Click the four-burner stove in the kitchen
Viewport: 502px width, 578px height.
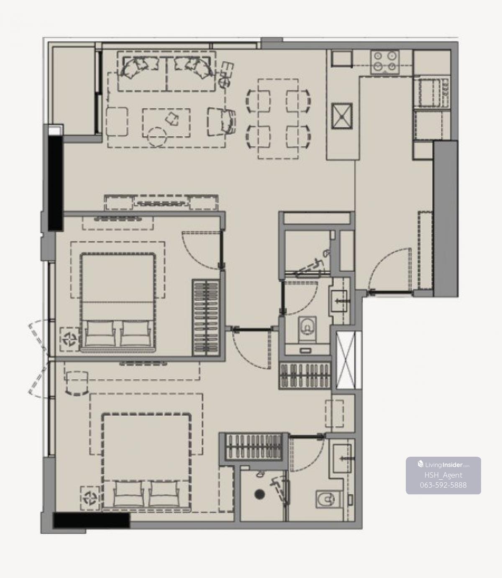(385, 62)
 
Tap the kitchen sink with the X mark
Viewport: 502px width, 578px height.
(342, 116)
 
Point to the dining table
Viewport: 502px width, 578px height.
(278, 119)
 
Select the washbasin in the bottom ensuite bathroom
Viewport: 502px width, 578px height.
(343, 458)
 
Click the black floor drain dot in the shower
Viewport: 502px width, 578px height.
(259, 494)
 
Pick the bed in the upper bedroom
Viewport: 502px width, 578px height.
(118, 302)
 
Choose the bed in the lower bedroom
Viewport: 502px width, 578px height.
(146, 463)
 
